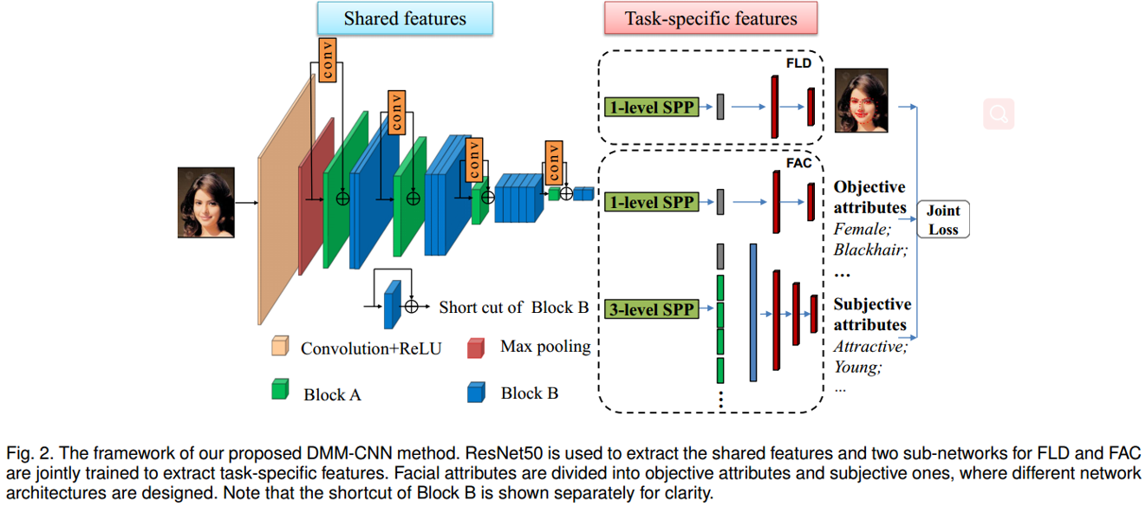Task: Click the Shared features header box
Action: click(405, 18)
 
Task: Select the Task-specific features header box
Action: click(711, 18)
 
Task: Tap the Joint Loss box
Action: click(943, 219)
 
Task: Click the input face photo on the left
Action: click(206, 203)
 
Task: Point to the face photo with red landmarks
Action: click(861, 101)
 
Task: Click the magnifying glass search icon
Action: click(998, 114)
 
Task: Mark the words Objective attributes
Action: click(869, 197)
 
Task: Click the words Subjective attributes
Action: click(872, 315)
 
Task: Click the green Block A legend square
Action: click(279, 390)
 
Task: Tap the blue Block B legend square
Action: click(476, 393)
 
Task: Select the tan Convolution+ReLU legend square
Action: click(279, 347)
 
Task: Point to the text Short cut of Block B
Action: click(513, 307)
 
